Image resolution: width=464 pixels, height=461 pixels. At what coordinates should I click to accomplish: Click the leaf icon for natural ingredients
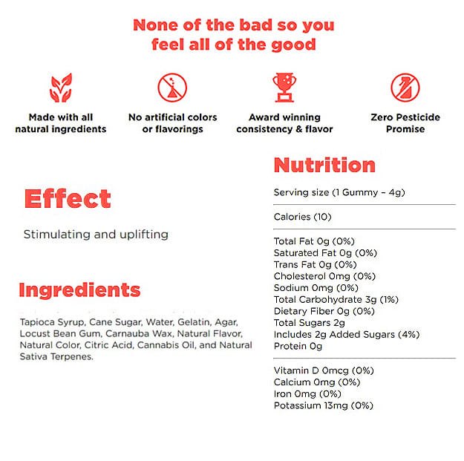pyautogui.click(x=61, y=88)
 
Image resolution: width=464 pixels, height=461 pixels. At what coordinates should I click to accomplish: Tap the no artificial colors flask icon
pyautogui.click(x=172, y=88)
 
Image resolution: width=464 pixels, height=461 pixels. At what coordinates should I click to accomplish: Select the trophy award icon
pyautogui.click(x=284, y=88)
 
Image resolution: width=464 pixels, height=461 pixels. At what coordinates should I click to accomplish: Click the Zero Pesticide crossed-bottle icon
pyautogui.click(x=405, y=88)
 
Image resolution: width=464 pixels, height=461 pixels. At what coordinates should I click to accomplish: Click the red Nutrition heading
pyautogui.click(x=324, y=165)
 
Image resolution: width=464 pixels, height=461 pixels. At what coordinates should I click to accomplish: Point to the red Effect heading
pyautogui.click(x=68, y=199)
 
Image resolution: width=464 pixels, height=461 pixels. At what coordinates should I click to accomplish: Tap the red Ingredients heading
pyautogui.click(x=79, y=290)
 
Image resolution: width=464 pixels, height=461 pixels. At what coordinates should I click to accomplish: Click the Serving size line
pyautogui.click(x=339, y=192)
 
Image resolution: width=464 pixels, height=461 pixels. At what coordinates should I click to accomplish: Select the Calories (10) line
pyautogui.click(x=302, y=217)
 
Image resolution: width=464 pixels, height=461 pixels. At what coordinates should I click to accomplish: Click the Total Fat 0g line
pyautogui.click(x=315, y=241)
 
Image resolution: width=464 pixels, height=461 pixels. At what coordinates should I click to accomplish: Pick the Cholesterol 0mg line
pyautogui.click(x=321, y=276)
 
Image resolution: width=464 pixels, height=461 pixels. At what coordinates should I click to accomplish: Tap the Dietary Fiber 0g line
pyautogui.click(x=324, y=311)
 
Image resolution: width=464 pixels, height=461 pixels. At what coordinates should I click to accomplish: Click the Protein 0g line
pyautogui.click(x=298, y=346)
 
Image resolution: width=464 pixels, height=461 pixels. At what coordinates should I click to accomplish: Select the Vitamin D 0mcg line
pyautogui.click(x=323, y=370)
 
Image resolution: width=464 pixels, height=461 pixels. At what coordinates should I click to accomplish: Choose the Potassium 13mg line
pyautogui.click(x=323, y=405)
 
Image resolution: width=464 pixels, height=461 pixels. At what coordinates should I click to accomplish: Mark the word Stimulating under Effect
pyautogui.click(x=56, y=235)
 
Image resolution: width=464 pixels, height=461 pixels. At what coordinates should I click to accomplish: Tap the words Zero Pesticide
pyautogui.click(x=405, y=117)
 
